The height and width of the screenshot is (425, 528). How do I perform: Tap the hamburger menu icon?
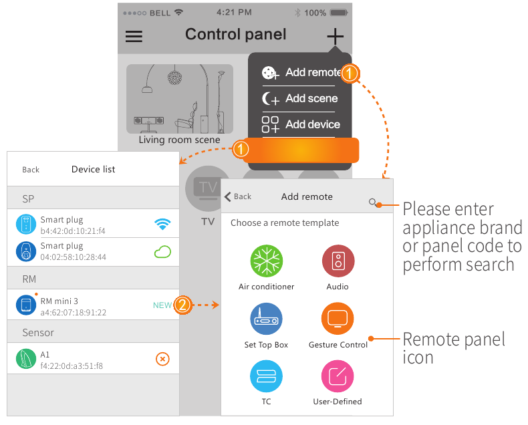pyautogui.click(x=134, y=36)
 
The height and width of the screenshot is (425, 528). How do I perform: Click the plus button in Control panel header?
pyautogui.click(x=335, y=36)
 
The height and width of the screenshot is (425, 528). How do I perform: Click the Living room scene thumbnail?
pyautogui.click(x=180, y=100)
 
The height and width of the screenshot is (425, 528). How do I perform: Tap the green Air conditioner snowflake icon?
pyautogui.click(x=266, y=260)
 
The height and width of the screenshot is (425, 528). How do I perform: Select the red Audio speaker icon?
pyautogui.click(x=338, y=260)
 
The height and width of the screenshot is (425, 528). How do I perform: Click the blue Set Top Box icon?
pyautogui.click(x=266, y=319)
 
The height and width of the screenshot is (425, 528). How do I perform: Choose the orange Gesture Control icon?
pyautogui.click(x=338, y=319)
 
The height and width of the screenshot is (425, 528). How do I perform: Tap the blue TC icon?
pyautogui.click(x=266, y=376)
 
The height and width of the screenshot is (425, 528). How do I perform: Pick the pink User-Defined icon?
pyautogui.click(x=338, y=376)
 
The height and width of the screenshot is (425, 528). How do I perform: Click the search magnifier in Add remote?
pyautogui.click(x=373, y=202)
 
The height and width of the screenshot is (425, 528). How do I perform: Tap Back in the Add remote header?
pyautogui.click(x=238, y=196)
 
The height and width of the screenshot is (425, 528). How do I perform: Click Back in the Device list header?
pyautogui.click(x=31, y=170)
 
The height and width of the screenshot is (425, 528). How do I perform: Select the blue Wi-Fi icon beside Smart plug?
pyautogui.click(x=162, y=224)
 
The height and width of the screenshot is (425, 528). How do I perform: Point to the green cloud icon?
pyautogui.click(x=162, y=251)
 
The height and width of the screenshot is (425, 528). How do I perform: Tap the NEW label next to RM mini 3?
pyautogui.click(x=162, y=305)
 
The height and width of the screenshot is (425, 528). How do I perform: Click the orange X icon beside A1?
pyautogui.click(x=162, y=360)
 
